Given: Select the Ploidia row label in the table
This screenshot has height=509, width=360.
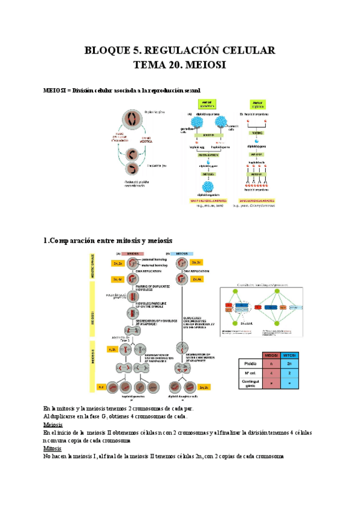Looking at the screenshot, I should [251, 364].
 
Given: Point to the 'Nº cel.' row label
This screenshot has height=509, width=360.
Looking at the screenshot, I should [251, 372].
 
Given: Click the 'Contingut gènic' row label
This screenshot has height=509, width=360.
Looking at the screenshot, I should [251, 382].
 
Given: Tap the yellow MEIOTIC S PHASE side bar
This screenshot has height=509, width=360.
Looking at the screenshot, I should [93, 268].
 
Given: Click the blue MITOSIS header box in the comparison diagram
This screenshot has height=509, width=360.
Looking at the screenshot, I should [182, 253].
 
